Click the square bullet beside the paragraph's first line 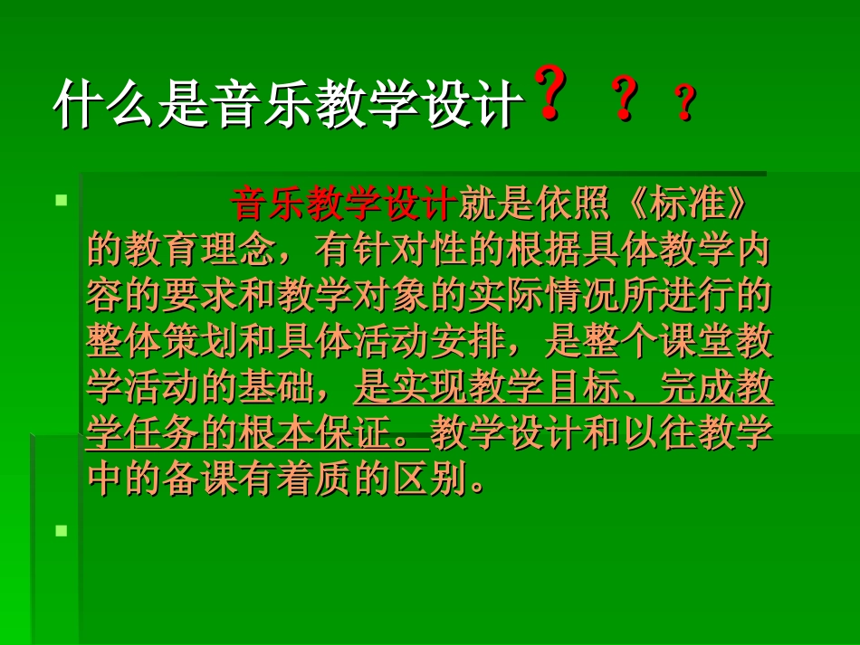[x=62, y=199]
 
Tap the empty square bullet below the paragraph [x=62, y=531]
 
